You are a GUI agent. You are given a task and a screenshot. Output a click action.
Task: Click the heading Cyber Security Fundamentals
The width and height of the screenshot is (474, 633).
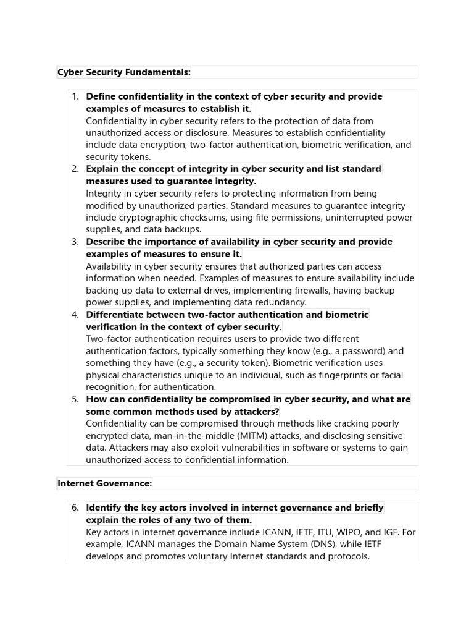pyautogui.click(x=124, y=72)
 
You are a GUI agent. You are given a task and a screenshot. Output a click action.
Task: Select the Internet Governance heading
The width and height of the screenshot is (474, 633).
pyautogui.click(x=104, y=483)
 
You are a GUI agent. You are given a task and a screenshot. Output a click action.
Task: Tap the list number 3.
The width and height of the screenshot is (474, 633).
pyautogui.click(x=75, y=242)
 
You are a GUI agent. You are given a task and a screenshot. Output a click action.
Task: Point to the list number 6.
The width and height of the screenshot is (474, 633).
pyautogui.click(x=75, y=508)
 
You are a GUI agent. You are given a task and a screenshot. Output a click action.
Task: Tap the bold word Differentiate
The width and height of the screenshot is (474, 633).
pyautogui.click(x=116, y=315)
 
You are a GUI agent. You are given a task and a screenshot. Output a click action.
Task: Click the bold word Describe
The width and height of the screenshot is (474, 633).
pyautogui.click(x=107, y=242)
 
